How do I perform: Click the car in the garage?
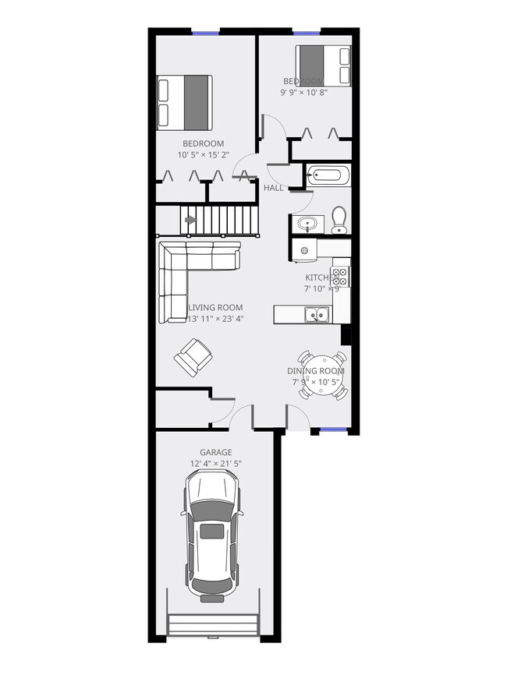click(x=212, y=539)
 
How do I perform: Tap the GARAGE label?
click(x=215, y=452)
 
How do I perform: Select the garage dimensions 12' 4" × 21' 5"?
click(x=215, y=464)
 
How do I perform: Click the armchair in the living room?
click(x=192, y=357)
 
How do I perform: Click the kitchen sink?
click(x=317, y=315)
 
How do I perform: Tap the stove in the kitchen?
click(x=339, y=275)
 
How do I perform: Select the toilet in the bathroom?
click(x=339, y=219)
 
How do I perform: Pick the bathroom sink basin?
click(x=307, y=224)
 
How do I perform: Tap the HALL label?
click(x=273, y=189)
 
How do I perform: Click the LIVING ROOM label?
click(x=215, y=307)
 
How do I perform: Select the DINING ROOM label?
click(x=315, y=371)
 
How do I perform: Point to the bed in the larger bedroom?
click(x=185, y=102)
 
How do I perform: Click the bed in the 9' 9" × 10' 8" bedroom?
click(x=323, y=65)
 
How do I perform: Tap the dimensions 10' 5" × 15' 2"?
click(x=203, y=154)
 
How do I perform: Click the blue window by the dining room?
click(x=328, y=430)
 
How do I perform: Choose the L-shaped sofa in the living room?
click(x=187, y=269)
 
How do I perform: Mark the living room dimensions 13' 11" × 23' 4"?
click(x=215, y=318)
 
